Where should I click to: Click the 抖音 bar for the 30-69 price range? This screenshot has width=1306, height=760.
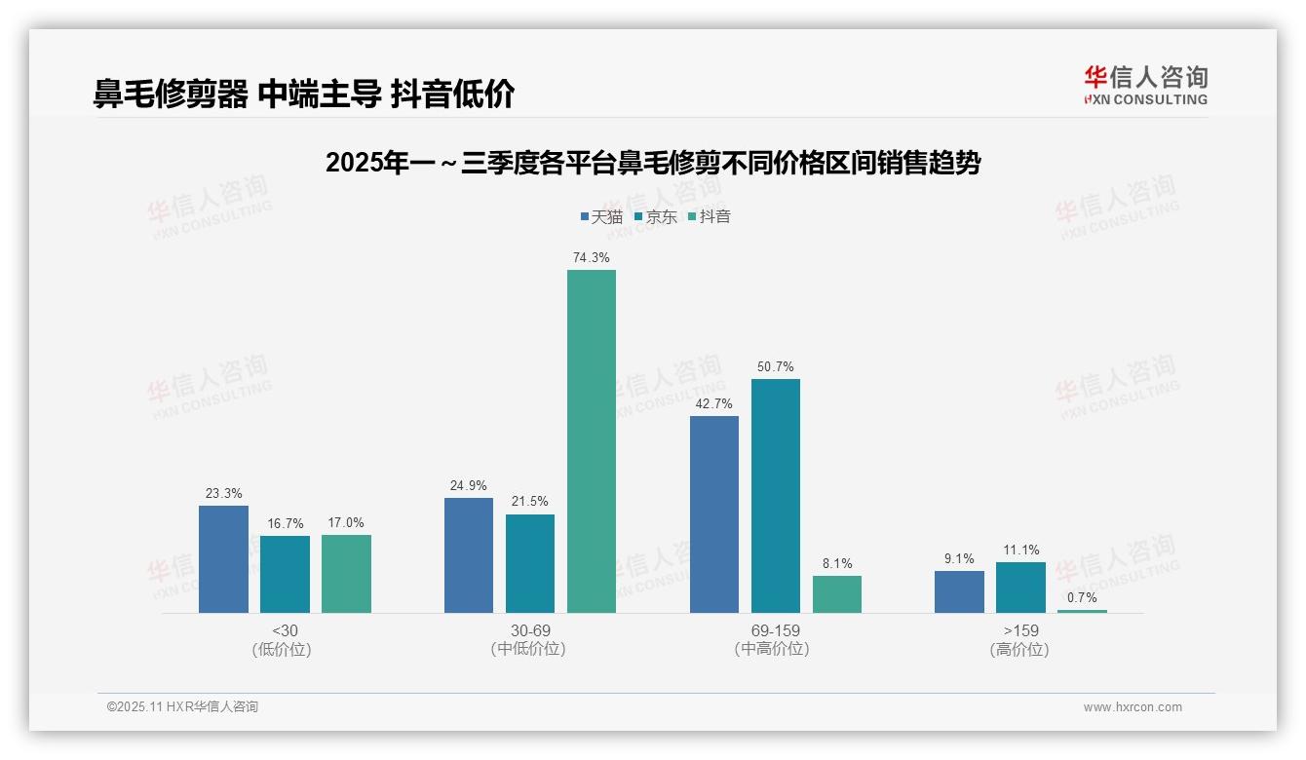click(592, 441)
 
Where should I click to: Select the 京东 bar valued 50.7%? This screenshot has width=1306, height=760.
click(776, 496)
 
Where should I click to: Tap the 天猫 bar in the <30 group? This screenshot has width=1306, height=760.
click(223, 559)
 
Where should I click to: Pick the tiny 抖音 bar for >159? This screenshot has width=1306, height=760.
click(1082, 611)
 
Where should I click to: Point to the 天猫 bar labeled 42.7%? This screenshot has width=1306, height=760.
click(714, 514)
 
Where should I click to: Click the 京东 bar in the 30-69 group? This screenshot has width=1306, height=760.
click(530, 563)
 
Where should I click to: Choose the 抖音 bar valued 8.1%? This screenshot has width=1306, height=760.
click(837, 594)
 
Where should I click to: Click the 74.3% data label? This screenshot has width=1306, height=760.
click(592, 258)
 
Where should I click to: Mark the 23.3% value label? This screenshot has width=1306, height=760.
click(223, 494)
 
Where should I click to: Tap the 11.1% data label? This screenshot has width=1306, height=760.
click(1020, 551)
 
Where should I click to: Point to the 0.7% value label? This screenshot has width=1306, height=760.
click(1082, 597)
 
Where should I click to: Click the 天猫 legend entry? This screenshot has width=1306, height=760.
click(601, 216)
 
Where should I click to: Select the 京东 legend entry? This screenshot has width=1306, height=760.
click(656, 216)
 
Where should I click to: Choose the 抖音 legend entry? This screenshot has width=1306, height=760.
click(710, 216)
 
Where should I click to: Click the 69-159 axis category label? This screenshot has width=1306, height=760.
click(776, 631)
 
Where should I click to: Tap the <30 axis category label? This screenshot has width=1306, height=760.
click(285, 631)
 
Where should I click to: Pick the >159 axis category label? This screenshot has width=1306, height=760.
click(1020, 631)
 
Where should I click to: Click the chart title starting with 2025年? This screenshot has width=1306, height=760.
click(652, 163)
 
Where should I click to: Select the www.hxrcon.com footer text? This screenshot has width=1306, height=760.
click(1133, 707)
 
